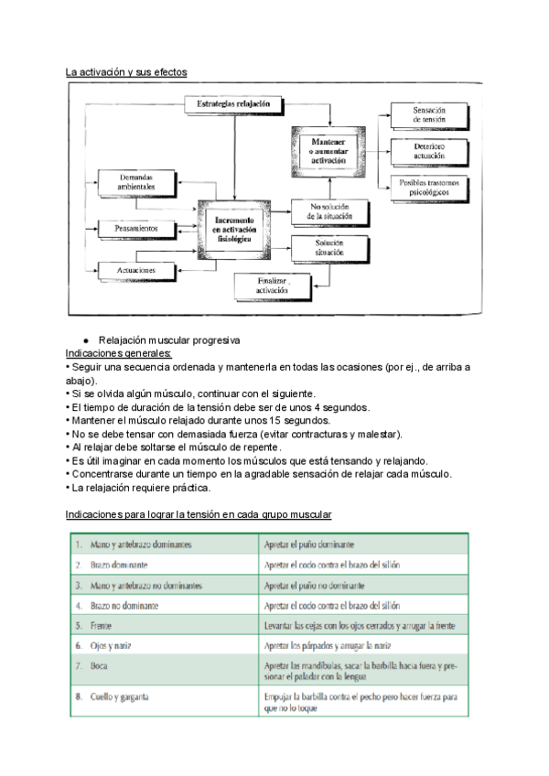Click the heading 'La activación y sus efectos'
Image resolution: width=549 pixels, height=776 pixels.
point(125,71)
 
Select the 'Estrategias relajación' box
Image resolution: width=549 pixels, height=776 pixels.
point(234,104)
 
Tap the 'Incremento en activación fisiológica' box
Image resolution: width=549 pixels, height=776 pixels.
point(235,228)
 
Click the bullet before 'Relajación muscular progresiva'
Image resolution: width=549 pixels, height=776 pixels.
point(85,340)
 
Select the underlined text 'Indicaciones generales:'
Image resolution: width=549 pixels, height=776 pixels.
point(119,352)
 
